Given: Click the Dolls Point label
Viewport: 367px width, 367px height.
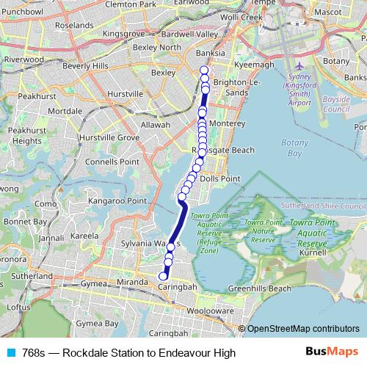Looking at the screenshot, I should (x=220, y=178).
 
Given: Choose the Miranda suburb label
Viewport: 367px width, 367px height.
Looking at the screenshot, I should (x=132, y=282).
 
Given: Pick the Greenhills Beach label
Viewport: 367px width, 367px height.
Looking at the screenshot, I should (x=259, y=288).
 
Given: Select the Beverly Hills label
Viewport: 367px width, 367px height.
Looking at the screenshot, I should (x=87, y=66).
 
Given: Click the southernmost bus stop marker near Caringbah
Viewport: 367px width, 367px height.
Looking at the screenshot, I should (x=163, y=276).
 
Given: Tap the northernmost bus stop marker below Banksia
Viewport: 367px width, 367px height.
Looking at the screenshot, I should (x=204, y=70).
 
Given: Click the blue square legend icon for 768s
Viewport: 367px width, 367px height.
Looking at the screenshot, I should (x=9, y=353).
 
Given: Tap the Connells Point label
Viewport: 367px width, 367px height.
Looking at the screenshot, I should (x=112, y=161).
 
